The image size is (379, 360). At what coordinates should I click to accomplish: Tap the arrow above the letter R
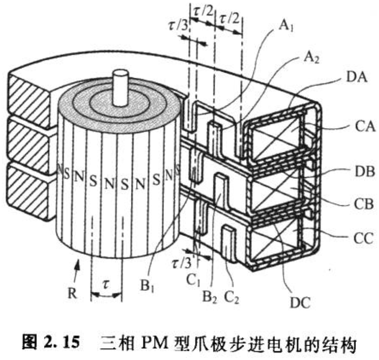point(76,269)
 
